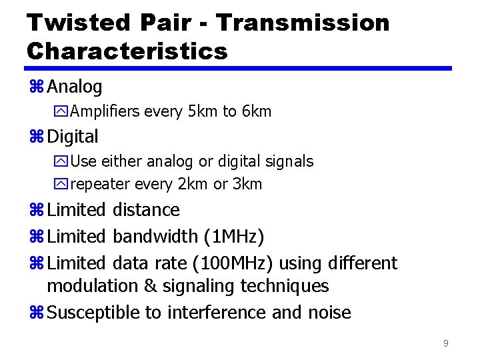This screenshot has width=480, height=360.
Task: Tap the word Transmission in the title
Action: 303,23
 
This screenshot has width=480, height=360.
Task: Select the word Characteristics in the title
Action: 127,51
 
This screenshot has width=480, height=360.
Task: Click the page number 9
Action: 445,343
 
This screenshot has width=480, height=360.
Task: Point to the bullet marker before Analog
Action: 36,87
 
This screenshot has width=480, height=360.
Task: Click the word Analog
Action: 75,87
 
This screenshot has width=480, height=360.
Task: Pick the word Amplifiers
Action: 105,111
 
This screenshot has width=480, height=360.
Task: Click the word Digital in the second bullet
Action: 73,137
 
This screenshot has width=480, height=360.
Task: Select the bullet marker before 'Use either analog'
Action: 63,161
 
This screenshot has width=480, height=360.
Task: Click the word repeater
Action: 100,184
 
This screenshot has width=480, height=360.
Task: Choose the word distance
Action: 146,210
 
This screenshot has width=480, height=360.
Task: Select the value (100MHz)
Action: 232,263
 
